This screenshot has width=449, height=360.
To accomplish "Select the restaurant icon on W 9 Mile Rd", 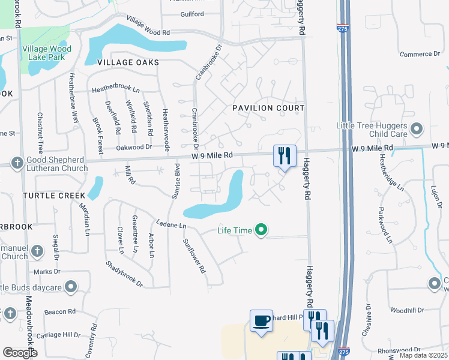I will [x=285, y=156].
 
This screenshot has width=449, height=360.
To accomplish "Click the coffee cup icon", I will [x=262, y=320].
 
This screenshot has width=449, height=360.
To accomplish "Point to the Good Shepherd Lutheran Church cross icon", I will [x=17, y=163].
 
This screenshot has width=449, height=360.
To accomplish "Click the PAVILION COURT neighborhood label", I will [x=268, y=107].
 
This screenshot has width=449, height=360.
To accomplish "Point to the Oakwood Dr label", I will [x=134, y=147].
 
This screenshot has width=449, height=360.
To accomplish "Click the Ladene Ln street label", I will [x=172, y=226].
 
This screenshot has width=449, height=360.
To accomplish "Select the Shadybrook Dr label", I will [x=125, y=274].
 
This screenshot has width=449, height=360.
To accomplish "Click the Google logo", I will [x=20, y=353].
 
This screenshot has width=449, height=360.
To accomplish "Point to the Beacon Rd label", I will [x=59, y=312].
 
